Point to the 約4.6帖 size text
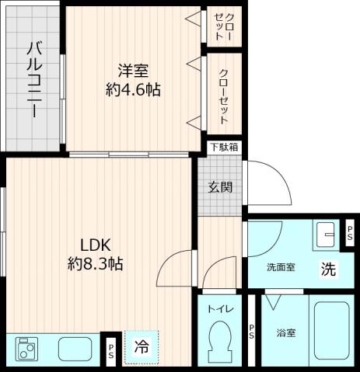[x=133, y=90]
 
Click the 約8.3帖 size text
[x=94, y=263]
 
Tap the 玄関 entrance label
[x=218, y=186]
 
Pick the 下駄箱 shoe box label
[x=223, y=147]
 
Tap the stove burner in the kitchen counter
[x=27, y=349]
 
